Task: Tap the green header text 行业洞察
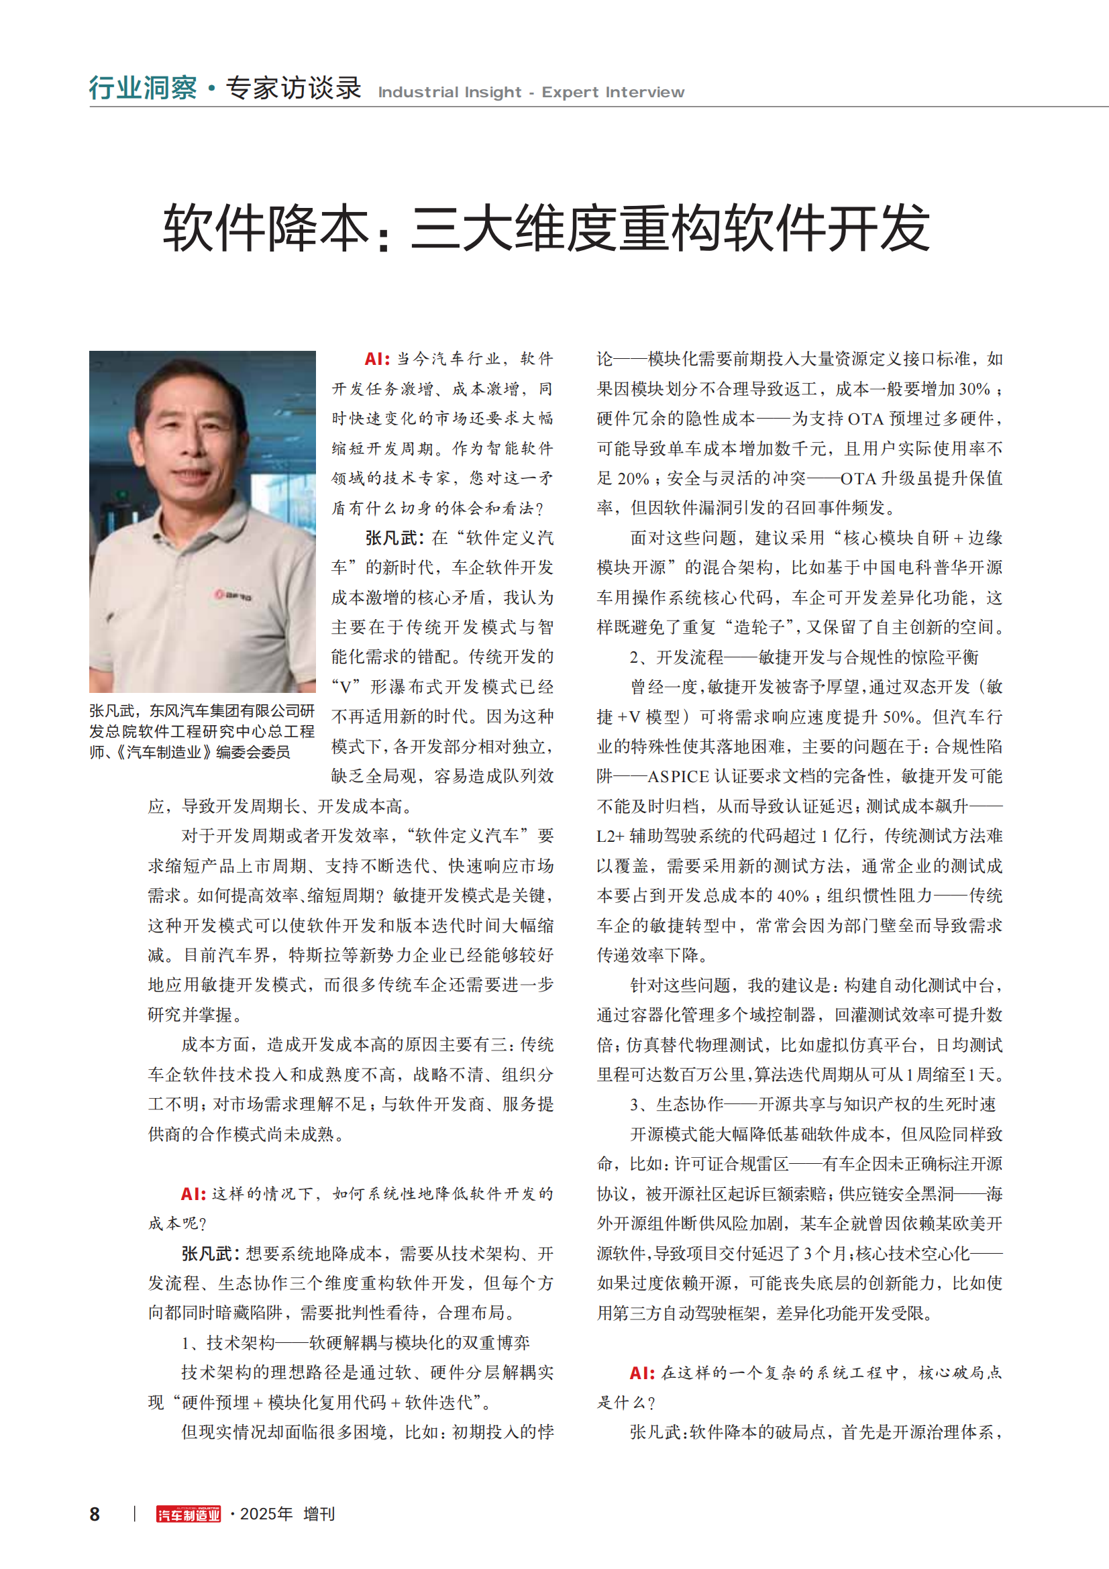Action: click(x=143, y=88)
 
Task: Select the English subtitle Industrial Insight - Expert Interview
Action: click(x=531, y=93)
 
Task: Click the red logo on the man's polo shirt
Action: click(x=233, y=595)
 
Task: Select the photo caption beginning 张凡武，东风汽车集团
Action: click(x=201, y=731)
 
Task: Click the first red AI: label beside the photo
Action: click(x=376, y=360)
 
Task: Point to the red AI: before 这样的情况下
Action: click(x=193, y=1194)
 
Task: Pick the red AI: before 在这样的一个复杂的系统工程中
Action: click(x=641, y=1373)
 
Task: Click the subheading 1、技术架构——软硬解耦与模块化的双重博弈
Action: click(x=356, y=1343)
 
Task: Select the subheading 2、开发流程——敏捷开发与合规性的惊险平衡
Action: click(x=804, y=657)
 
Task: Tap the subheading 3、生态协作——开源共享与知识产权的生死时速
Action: click(x=812, y=1104)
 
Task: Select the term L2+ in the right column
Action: click(x=611, y=836)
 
